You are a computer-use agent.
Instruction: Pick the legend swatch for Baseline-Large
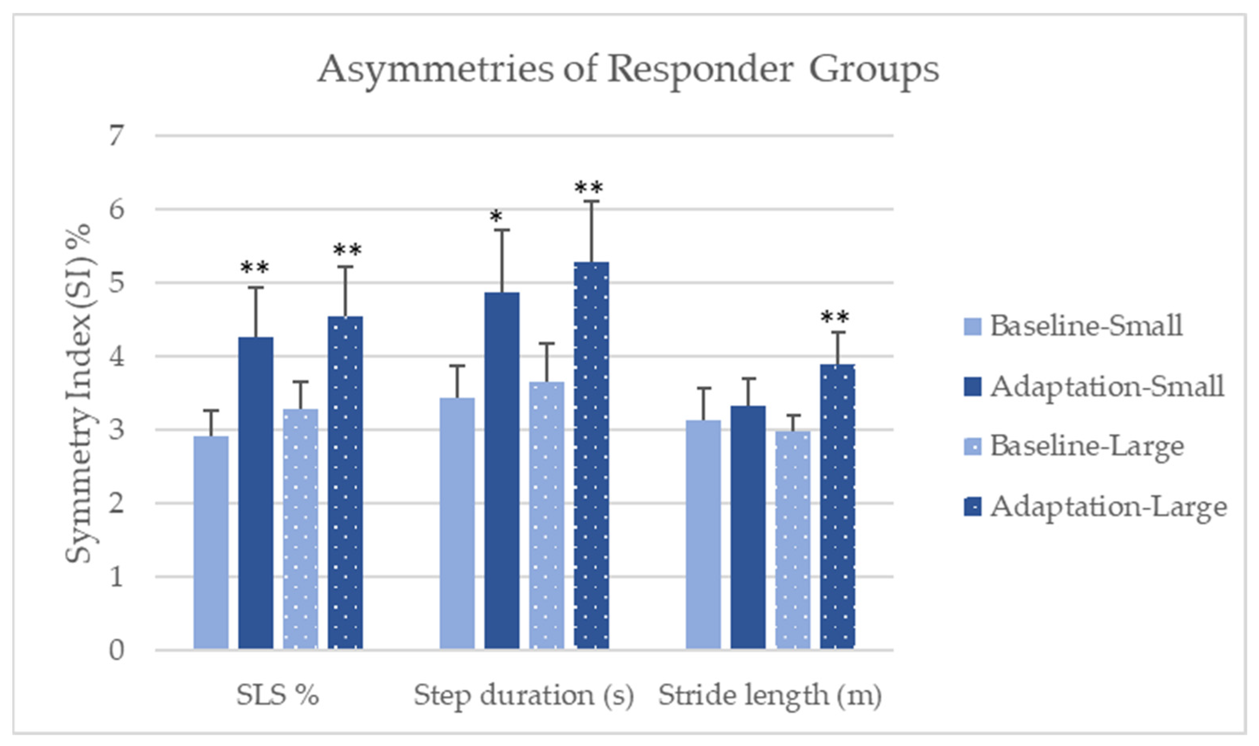(x=973, y=447)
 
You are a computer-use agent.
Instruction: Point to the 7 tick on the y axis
(x=116, y=136)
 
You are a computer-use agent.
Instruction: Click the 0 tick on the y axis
(x=116, y=651)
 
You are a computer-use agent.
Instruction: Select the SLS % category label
(x=278, y=696)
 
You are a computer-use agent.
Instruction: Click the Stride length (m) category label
(x=770, y=696)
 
